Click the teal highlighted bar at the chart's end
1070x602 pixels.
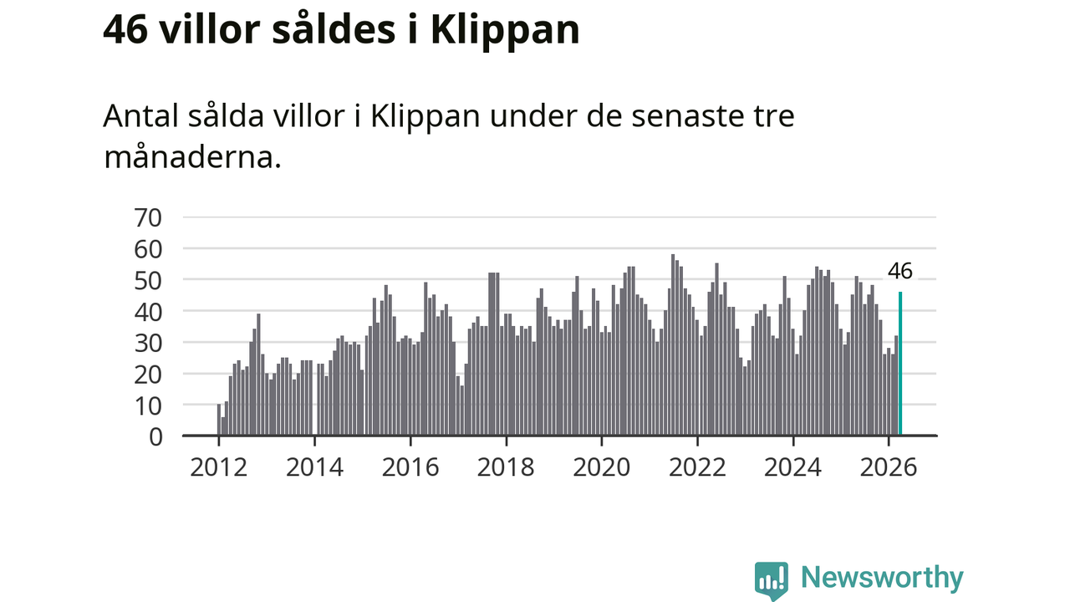[900, 363]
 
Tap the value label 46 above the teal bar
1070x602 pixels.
[900, 271]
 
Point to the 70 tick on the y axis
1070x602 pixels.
[148, 218]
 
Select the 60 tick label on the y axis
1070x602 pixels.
[148, 249]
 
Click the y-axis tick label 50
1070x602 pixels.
[148, 281]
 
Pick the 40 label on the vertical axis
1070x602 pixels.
[148, 313]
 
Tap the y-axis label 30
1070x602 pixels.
[148, 344]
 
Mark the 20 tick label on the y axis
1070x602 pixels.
[148, 375]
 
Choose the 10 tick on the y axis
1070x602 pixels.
[148, 406]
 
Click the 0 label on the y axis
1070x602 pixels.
[155, 437]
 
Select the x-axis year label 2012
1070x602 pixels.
[219, 467]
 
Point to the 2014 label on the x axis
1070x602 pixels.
[315, 467]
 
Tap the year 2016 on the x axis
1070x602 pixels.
[410, 467]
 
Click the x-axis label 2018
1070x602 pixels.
[506, 467]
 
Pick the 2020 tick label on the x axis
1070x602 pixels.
[602, 467]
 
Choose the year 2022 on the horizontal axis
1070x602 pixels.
[697, 467]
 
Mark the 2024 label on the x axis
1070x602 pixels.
[793, 467]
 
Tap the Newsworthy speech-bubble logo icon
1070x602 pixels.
[772, 580]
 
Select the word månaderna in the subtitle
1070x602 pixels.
[192, 156]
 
